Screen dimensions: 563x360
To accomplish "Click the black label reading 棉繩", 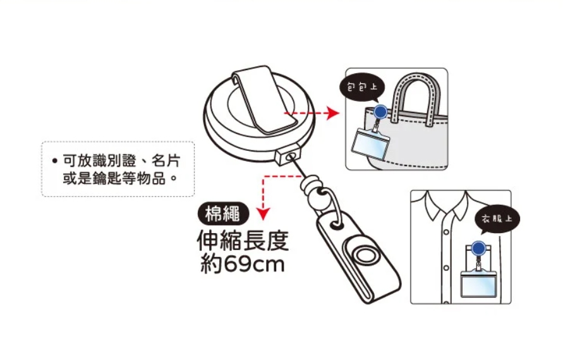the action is coord(223,214).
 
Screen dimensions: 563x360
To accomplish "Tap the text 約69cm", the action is coord(243,264).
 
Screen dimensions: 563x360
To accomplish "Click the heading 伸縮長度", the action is coord(243,240).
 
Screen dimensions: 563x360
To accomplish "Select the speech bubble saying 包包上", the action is coord(363,88).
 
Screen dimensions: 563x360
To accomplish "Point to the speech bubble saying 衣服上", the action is coord(497,219).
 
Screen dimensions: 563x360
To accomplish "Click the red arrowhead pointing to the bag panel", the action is coord(333,114).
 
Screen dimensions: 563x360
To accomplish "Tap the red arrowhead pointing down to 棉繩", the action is coord(263,214).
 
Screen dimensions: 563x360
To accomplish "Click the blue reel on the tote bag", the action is coord(380,112).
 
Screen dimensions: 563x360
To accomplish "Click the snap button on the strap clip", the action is coord(364,256).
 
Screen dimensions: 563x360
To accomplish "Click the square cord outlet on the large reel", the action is coord(288,155).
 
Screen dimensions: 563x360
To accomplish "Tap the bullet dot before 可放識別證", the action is coord(54,160).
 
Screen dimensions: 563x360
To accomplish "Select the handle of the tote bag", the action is coord(416,95).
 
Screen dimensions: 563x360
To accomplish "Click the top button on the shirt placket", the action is coord(446,232).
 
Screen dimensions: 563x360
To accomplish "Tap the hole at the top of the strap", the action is coord(336,225).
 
